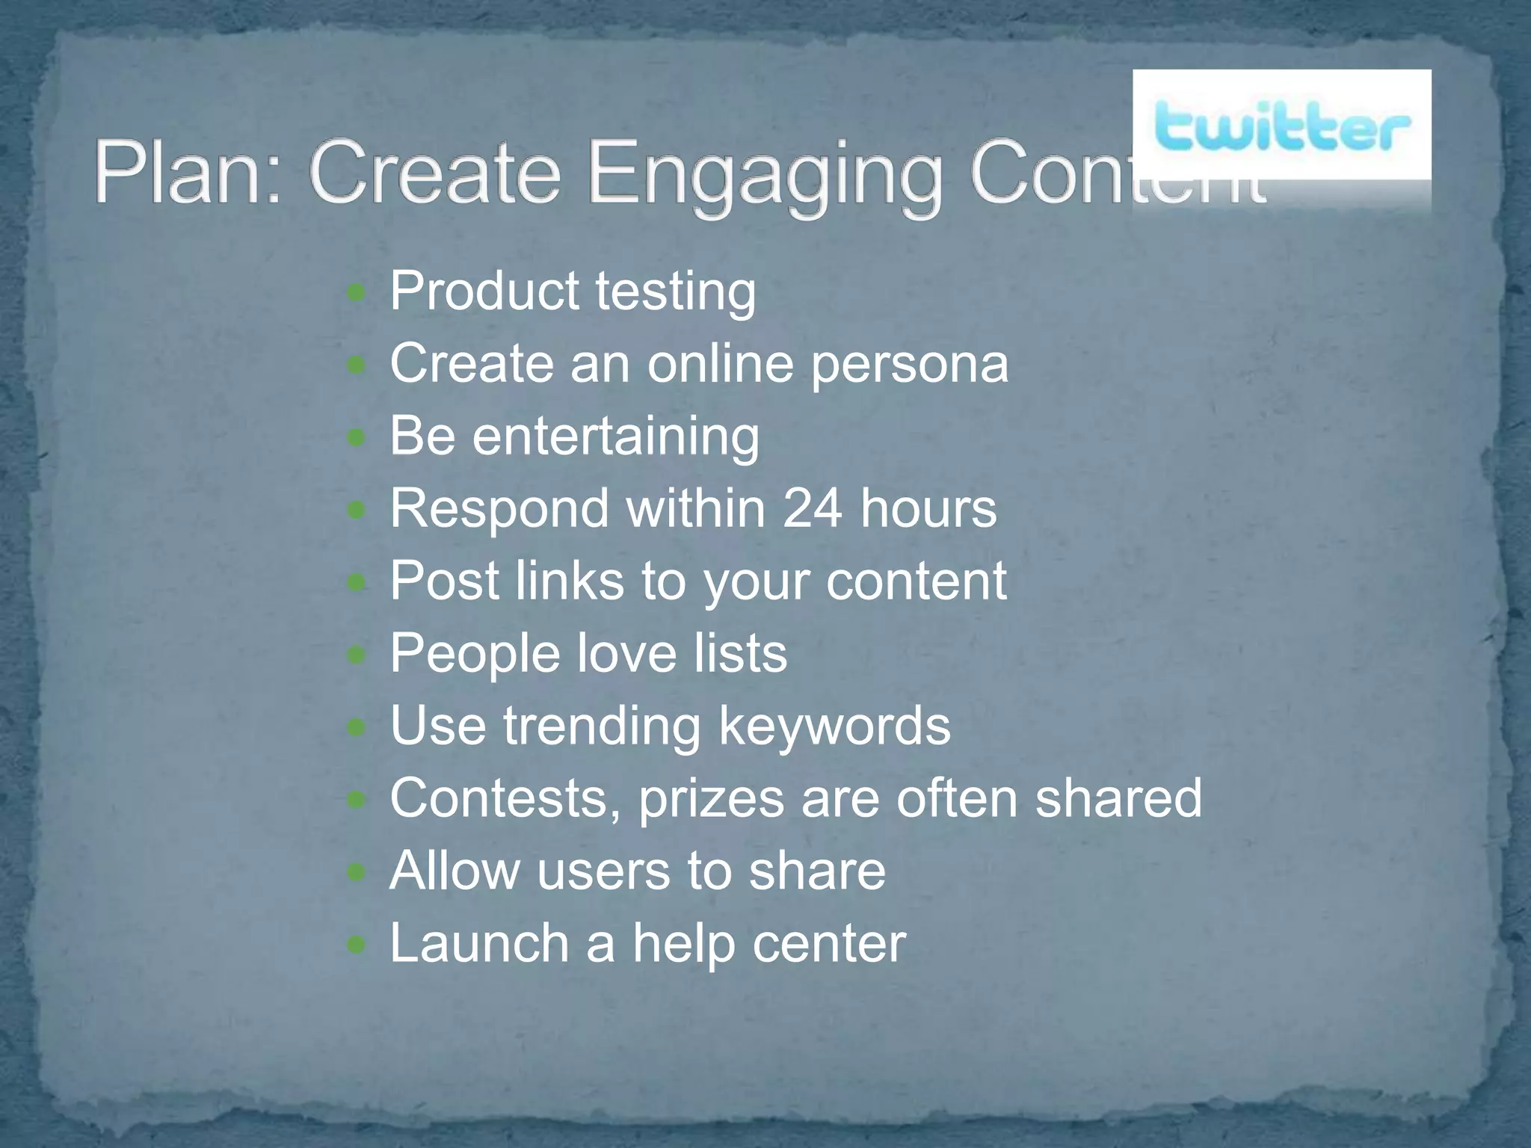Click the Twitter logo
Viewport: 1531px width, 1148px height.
click(1281, 129)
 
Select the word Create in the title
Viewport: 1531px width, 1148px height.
click(434, 173)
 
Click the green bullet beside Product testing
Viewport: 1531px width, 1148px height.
click(357, 293)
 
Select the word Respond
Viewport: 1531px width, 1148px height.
click(499, 509)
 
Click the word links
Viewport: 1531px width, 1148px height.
click(570, 581)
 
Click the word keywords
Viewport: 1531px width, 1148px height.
click(834, 726)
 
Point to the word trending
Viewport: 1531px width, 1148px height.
click(602, 726)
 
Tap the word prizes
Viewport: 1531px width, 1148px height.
click(711, 799)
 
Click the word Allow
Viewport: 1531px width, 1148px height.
click(455, 870)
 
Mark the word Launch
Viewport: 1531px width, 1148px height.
click(479, 942)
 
